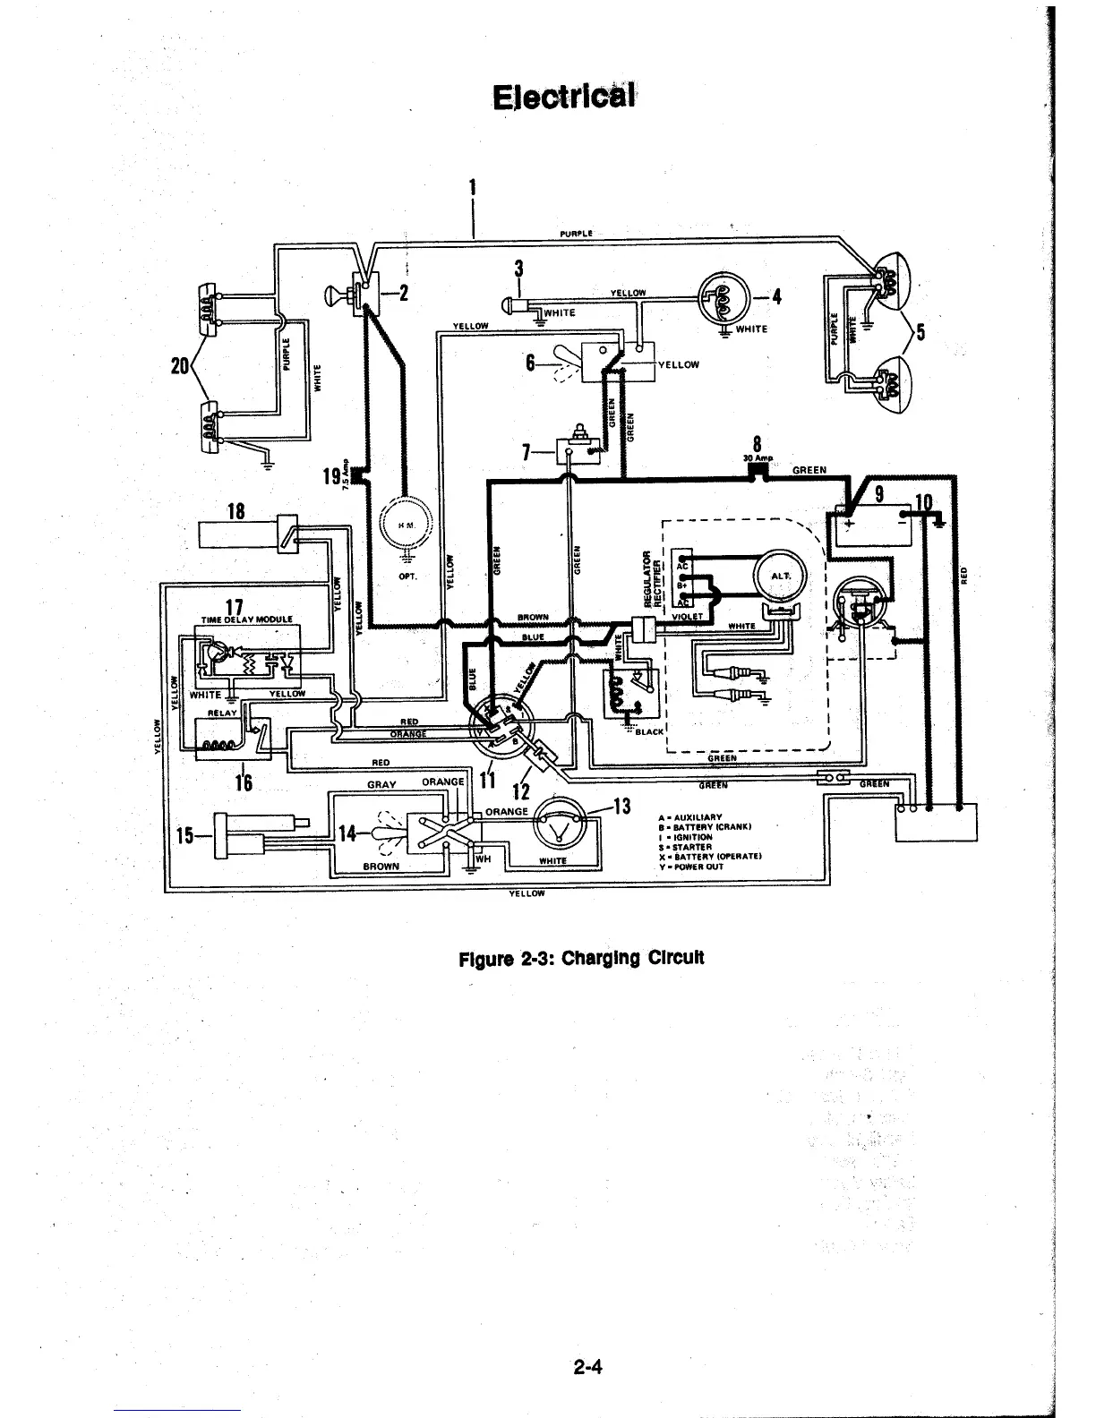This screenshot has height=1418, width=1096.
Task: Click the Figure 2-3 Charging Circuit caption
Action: tap(581, 957)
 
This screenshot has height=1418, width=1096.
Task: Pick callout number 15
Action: tap(185, 836)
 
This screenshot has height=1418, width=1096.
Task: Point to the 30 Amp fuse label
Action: tap(758, 458)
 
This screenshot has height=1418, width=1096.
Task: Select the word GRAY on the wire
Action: tap(381, 783)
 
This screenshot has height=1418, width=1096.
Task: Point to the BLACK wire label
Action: tap(649, 731)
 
